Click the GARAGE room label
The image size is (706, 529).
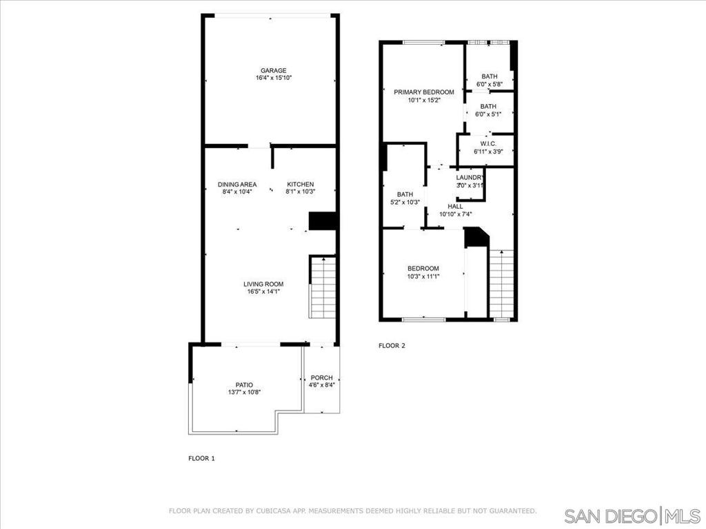tap(273, 71)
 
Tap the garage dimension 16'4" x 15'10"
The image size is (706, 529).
tap(274, 78)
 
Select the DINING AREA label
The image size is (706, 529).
tap(237, 185)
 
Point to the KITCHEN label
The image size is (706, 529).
tap(301, 185)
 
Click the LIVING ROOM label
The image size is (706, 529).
tap(263, 284)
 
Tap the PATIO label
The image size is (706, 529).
tap(244, 385)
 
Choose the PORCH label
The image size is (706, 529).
tap(322, 378)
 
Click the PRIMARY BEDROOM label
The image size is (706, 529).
tap(424, 92)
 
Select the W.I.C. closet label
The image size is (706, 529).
tap(488, 144)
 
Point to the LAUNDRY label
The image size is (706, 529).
tap(470, 178)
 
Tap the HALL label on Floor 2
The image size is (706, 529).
tap(455, 207)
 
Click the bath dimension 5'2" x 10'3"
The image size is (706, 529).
tap(405, 203)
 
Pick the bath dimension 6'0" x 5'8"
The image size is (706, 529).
tap(490, 84)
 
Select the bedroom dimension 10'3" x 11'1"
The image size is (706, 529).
tap(423, 277)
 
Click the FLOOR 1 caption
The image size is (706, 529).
tap(201, 458)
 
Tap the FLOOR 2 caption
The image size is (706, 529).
tap(392, 346)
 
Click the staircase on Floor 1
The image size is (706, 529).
tap(323, 287)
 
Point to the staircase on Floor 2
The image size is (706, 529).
tap(501, 283)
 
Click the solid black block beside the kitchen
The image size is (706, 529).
tap(323, 221)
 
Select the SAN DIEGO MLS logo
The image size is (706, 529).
tap(633, 515)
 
